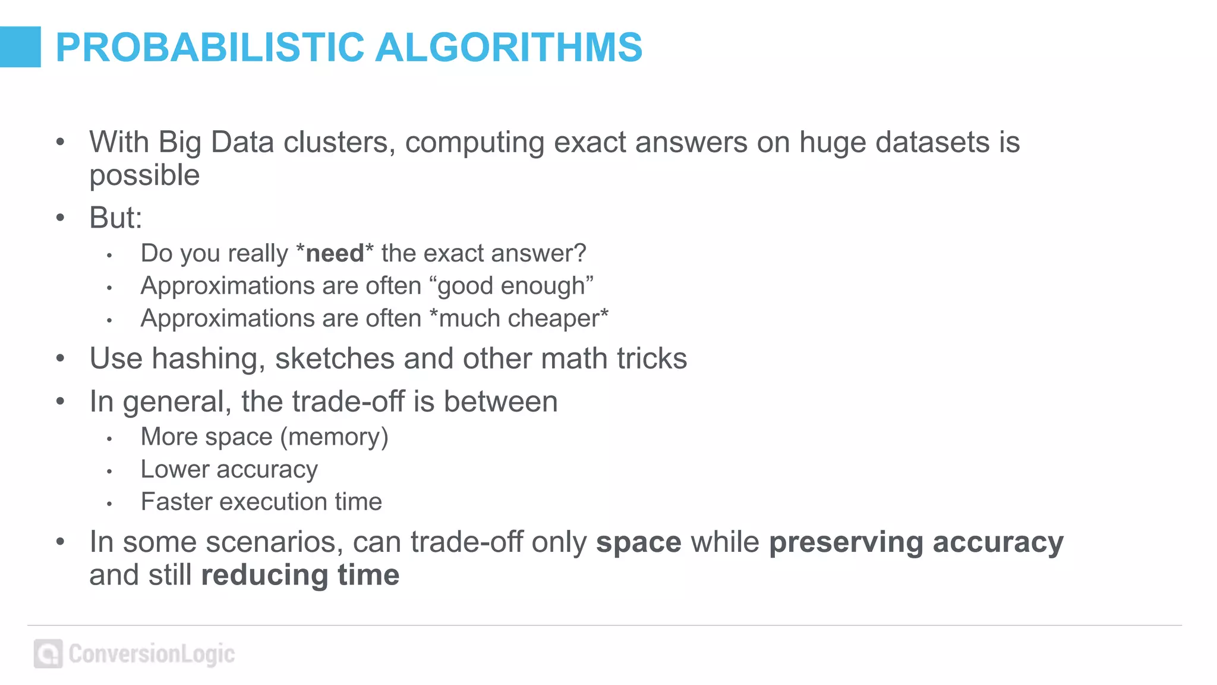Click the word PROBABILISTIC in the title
209,48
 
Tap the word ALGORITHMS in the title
509,48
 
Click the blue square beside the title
20,47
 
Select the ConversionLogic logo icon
48,654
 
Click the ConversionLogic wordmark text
152,654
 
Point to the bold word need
335,253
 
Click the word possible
144,176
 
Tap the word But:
116,218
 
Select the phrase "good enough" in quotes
515,286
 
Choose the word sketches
335,359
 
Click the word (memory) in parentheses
334,437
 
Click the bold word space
638,542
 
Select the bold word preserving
846,542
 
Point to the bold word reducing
264,576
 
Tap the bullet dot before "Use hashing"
60,359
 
